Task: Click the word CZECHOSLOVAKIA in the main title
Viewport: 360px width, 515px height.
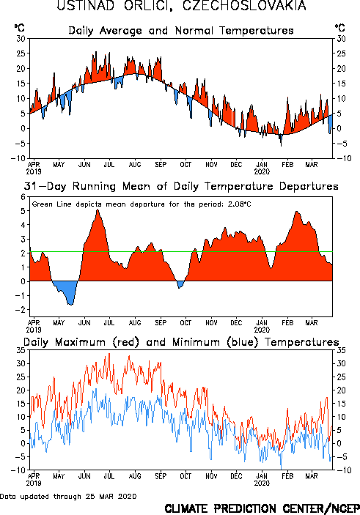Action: (x=244, y=6)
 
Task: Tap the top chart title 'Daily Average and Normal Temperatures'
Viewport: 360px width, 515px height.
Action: (x=181, y=31)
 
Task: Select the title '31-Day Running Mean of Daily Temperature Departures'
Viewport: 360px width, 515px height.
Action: (x=181, y=186)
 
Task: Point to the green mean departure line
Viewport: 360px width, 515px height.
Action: (x=181, y=251)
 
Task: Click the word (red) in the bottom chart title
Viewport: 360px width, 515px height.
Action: (x=126, y=342)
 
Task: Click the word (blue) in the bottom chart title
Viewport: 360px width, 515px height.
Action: (x=243, y=342)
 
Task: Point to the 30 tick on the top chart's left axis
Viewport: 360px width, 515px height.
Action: (x=21, y=38)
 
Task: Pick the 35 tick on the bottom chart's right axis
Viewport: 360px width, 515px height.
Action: (x=341, y=350)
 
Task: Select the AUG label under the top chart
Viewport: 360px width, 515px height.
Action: (x=135, y=164)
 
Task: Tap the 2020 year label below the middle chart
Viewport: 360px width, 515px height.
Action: (x=262, y=330)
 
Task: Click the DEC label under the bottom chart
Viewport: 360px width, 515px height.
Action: (x=236, y=476)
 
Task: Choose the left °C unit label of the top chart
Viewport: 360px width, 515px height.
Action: (x=19, y=27)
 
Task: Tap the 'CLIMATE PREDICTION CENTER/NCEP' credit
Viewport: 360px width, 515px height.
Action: (x=262, y=508)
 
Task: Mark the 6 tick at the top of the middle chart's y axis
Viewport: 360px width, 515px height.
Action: (x=23, y=197)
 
